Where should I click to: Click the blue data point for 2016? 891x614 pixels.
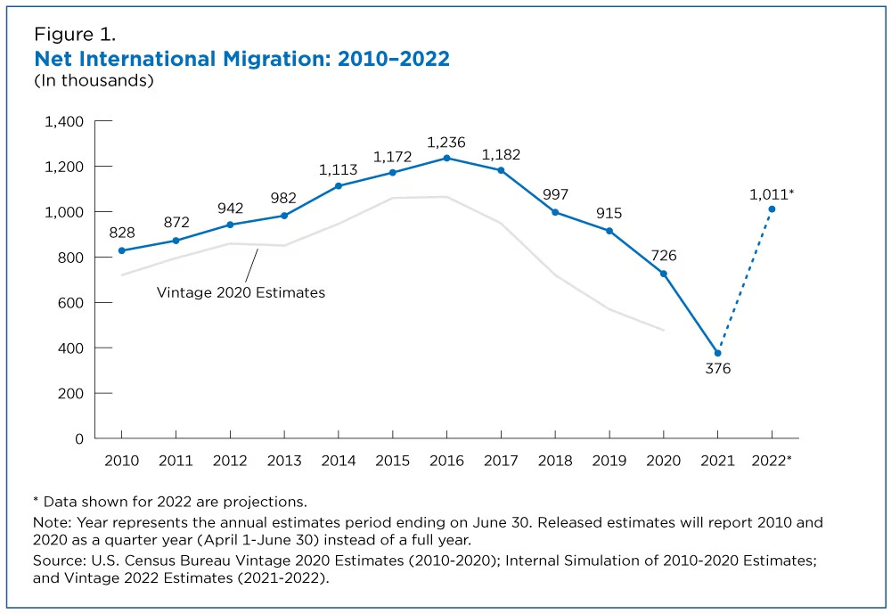[446, 158]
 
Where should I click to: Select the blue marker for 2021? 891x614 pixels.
[717, 353]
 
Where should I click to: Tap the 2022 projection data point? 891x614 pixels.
[772, 209]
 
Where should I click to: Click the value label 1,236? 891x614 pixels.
[446, 142]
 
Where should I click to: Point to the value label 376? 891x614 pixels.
[717, 369]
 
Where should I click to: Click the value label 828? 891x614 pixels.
[122, 233]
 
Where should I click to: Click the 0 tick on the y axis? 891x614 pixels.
[78, 438]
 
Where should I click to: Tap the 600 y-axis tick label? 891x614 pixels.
[68, 303]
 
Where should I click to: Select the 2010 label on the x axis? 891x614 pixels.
[122, 461]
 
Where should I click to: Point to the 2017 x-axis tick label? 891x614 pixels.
[501, 461]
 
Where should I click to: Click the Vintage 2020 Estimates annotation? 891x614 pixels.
[241, 291]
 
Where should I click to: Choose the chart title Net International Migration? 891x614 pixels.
[241, 59]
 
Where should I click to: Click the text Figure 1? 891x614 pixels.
[75, 36]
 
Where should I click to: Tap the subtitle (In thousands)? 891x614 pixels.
[94, 80]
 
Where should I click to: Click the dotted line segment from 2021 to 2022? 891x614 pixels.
[745, 281]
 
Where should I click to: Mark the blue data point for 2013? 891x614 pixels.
[284, 216]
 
